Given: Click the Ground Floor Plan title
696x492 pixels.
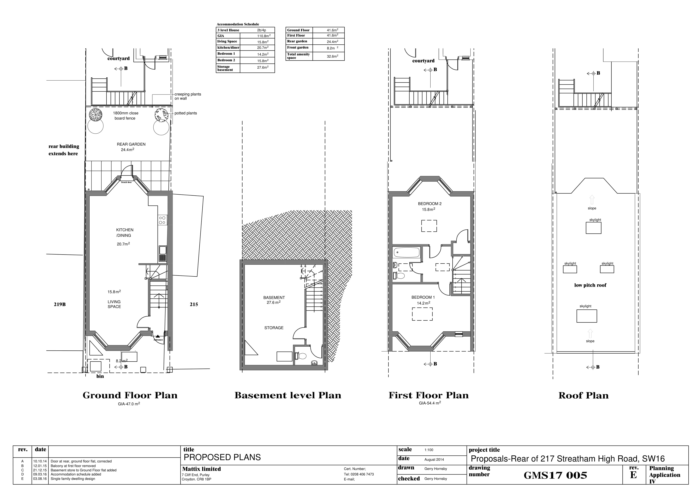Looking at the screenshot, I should coord(130,395).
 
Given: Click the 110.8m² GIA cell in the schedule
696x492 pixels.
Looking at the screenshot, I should coord(263,36).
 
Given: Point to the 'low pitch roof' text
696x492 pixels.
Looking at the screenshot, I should coord(590,285).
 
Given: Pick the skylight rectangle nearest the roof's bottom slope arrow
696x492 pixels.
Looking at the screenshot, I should coord(587,316).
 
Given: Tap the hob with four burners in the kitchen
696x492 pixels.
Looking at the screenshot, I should coord(162,220).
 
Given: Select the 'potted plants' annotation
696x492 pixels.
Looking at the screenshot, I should coord(186,113).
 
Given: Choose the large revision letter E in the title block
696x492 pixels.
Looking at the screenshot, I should coord(633,475).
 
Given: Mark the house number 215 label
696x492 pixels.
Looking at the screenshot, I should coord(194,304).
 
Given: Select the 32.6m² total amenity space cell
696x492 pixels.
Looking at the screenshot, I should coord(332,56).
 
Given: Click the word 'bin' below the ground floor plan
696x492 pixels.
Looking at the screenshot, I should coord(100,376).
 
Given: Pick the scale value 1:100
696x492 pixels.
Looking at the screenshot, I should coord(429,450).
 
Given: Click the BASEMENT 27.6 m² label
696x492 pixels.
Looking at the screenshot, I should coord(274,300).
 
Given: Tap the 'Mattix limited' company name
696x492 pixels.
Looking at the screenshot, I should coord(201,469).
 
